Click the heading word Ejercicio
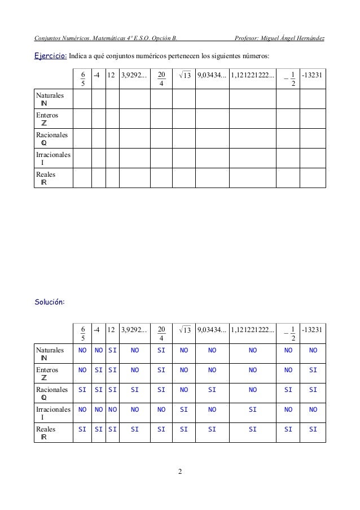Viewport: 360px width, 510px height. point(51,56)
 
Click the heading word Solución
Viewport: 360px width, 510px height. point(50,302)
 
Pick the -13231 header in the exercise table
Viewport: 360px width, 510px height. point(313,75)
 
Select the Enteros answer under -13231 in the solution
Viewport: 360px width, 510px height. point(313,370)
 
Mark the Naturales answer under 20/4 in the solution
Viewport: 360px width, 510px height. point(161,350)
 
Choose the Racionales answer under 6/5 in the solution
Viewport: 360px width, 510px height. point(82,390)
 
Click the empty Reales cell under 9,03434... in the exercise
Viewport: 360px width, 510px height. point(212,177)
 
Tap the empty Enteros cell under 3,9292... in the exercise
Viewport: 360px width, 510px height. point(135,119)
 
